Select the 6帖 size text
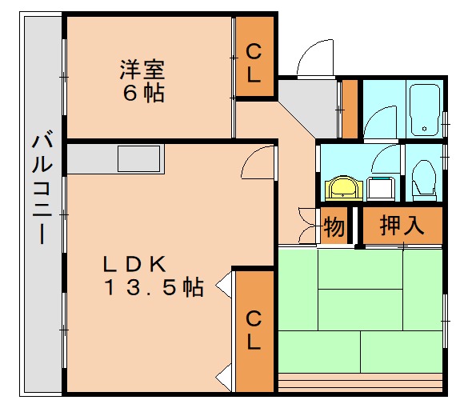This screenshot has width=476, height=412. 143,93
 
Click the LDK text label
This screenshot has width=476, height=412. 133,263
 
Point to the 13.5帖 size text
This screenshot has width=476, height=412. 152,287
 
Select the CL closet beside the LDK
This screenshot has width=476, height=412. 253,330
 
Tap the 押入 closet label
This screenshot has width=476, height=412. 401,226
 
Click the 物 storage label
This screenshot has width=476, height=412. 334,227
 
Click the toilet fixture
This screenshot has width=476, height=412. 422,179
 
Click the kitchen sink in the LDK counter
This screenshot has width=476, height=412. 139,158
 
